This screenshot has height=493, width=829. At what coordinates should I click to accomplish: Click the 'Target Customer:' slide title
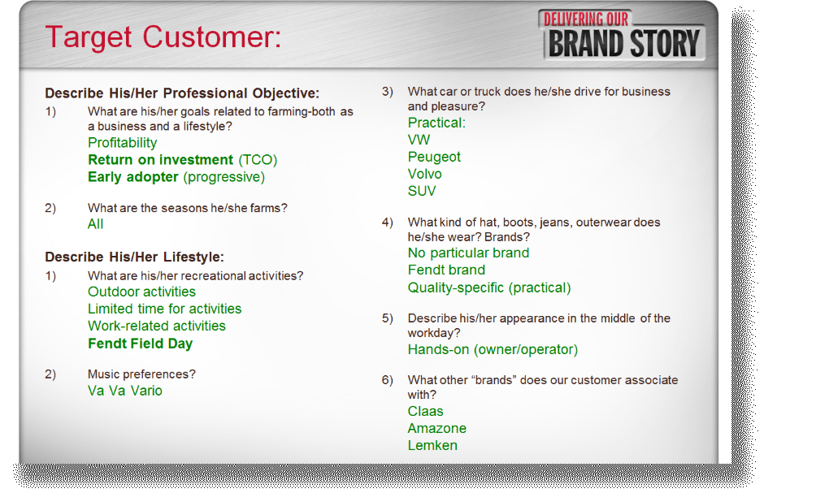coord(163,37)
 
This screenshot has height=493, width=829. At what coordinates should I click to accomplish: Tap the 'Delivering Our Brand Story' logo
coord(623,36)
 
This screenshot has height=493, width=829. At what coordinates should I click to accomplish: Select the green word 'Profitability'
coord(122,143)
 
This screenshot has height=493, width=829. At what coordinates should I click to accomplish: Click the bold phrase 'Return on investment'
coord(160,159)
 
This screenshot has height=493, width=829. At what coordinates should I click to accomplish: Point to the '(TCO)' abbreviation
coord(258,160)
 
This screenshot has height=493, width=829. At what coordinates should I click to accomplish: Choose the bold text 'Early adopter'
coord(132,177)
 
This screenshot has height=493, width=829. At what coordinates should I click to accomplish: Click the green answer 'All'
coord(95,224)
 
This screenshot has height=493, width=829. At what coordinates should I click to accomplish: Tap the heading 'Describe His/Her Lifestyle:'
coord(134,257)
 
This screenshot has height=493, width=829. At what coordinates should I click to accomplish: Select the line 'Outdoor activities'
coord(141,292)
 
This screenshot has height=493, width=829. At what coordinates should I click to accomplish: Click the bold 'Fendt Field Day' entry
coord(140,344)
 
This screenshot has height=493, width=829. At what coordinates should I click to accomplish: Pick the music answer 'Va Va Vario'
coord(125,391)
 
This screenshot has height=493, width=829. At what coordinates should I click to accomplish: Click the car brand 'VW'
coord(419,140)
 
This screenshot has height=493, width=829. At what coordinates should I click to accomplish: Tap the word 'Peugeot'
coord(434,158)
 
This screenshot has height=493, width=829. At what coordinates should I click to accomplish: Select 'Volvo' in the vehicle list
coord(424,174)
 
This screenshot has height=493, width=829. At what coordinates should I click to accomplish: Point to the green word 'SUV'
coord(421,192)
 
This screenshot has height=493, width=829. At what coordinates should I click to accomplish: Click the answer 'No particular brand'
coord(468,253)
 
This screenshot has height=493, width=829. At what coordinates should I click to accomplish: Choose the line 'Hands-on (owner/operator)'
coord(493,350)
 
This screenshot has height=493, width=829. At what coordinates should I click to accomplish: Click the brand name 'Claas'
coord(425,411)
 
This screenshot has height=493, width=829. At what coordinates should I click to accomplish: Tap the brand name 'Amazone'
coord(436,429)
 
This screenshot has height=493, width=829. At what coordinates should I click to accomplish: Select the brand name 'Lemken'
coord(432,445)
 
